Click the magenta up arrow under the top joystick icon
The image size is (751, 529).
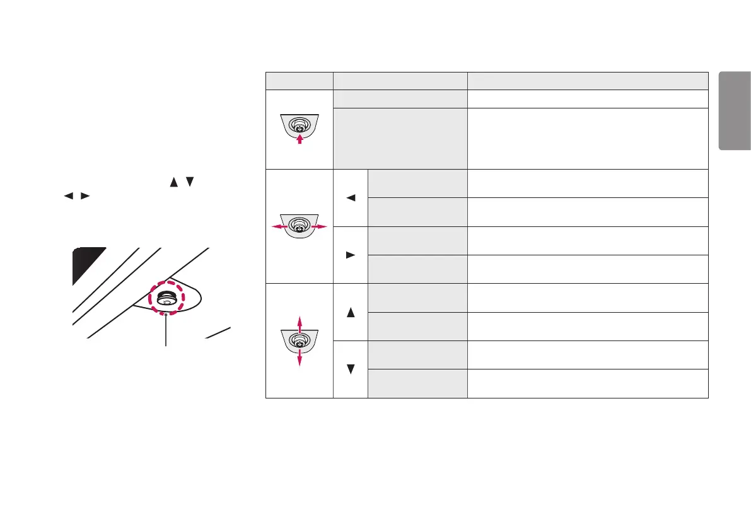[x=300, y=138]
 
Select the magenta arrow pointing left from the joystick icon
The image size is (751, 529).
[x=276, y=226]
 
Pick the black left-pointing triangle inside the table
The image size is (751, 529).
[x=351, y=198]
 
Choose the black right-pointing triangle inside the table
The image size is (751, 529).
[x=351, y=255]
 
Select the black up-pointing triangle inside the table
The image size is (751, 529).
[x=351, y=312]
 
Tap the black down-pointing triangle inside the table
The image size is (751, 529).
[x=351, y=369]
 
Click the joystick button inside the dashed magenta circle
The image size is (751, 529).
[x=167, y=297]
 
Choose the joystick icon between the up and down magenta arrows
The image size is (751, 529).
[x=300, y=341]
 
